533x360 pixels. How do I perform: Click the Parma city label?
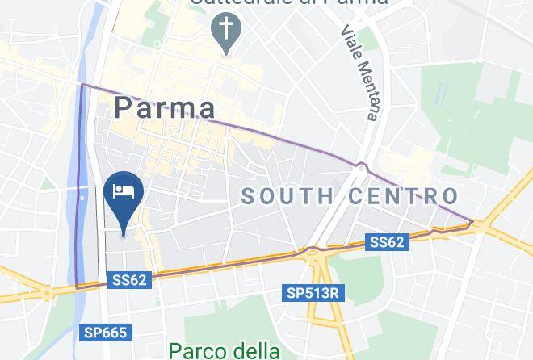coord(165,107)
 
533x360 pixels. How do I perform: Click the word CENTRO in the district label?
coord(404,195)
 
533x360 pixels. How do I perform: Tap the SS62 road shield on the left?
coord(129,280)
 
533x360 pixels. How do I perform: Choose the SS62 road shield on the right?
coord(388,241)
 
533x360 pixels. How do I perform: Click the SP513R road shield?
coord(312,293)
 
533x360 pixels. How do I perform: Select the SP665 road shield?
coord(105,332)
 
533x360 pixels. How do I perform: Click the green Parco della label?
coord(225,350)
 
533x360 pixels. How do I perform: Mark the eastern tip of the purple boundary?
coord(472,220)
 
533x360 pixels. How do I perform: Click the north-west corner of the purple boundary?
coord(82,84)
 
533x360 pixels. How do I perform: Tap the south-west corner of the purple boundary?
coord(77,287)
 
